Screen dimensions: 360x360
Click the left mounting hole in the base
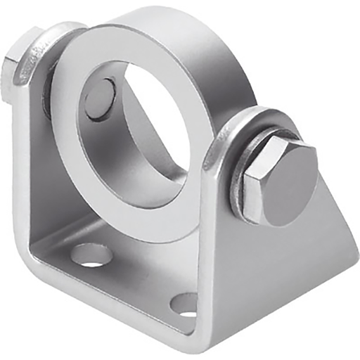click(x=91, y=254)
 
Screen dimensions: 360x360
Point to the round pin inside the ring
click(x=101, y=98)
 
